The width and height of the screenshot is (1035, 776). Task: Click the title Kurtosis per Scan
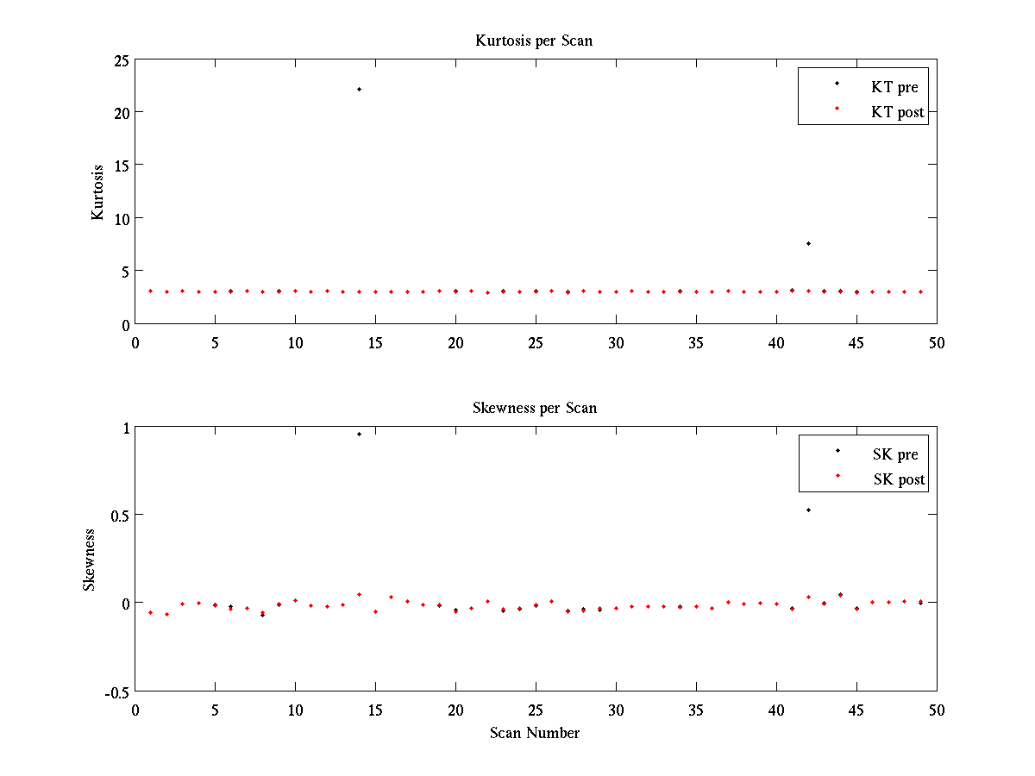534,41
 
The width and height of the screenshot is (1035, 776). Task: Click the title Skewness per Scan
534,408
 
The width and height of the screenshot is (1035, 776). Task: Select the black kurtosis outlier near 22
359,89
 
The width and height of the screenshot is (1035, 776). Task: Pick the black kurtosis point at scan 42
808,243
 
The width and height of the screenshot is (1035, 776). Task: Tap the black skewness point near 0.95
359,434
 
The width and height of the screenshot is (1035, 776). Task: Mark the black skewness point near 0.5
808,510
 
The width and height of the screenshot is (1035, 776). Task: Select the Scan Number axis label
534,734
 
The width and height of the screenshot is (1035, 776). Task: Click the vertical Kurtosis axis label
98,191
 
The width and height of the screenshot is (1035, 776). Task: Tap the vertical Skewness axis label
90,560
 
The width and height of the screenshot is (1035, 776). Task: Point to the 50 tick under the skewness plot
937,710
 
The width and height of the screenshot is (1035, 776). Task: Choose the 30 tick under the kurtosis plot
616,342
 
